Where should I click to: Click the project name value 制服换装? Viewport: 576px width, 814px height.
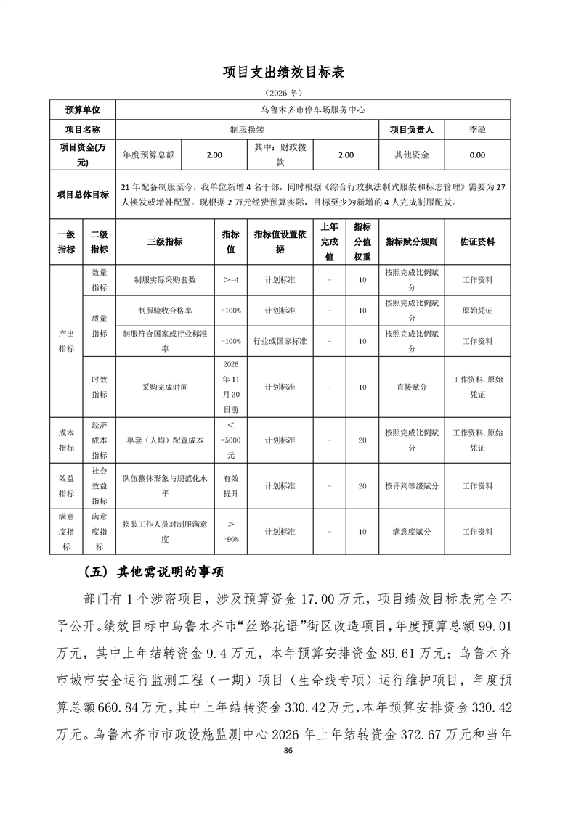(x=247, y=129)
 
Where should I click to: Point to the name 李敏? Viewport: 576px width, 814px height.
(x=477, y=129)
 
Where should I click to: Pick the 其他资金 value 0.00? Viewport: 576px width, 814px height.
(x=477, y=155)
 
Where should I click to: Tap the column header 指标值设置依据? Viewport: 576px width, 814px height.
(x=280, y=242)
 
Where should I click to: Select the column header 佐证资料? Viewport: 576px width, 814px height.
(x=477, y=242)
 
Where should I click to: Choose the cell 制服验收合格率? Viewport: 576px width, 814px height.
(x=165, y=310)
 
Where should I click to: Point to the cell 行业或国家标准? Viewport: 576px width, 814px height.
(x=280, y=341)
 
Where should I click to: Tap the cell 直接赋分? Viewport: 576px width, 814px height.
(x=411, y=387)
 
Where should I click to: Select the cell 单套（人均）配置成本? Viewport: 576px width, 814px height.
(x=165, y=440)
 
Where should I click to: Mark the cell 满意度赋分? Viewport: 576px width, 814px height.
(x=411, y=532)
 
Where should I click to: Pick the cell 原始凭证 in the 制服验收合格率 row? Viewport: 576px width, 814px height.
(x=477, y=310)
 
